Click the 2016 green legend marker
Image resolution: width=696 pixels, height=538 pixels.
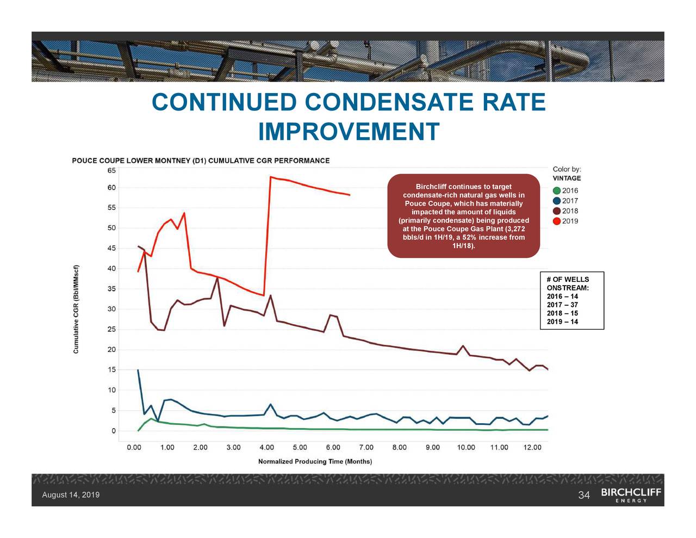pyautogui.click(x=557, y=190)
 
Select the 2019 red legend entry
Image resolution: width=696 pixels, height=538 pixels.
pyautogui.click(x=565, y=221)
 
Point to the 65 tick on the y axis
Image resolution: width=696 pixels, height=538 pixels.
pyautogui.click(x=111, y=170)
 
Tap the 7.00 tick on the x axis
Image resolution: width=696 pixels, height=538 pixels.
pyautogui.click(x=366, y=448)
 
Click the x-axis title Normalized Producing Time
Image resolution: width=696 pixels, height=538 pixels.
pyautogui.click(x=315, y=461)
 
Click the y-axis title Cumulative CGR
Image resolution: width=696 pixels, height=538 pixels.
pyautogui.click(x=77, y=309)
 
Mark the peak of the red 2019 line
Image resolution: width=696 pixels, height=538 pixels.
pyautogui.click(x=270, y=177)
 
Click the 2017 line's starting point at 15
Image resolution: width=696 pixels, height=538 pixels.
pyautogui.click(x=138, y=370)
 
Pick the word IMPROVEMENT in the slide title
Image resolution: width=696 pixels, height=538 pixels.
pyautogui.click(x=349, y=132)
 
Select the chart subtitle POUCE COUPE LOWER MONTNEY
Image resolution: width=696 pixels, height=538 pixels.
pyautogui.click(x=201, y=160)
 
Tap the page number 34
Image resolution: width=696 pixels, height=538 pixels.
pyautogui.click(x=583, y=495)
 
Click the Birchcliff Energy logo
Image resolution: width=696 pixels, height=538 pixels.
pyautogui.click(x=631, y=494)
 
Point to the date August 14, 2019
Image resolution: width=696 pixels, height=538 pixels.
pyautogui.click(x=71, y=495)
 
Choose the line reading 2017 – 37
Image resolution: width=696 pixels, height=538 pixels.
pyautogui.click(x=562, y=305)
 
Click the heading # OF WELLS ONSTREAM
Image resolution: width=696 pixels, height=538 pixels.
pyautogui.click(x=568, y=283)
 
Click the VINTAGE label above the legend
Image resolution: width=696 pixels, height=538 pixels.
pyautogui.click(x=567, y=178)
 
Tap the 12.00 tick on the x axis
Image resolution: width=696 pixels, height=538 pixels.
pyautogui.click(x=532, y=448)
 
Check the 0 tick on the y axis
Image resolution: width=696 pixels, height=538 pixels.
pyautogui.click(x=113, y=431)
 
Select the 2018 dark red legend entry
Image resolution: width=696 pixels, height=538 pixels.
pyautogui.click(x=565, y=211)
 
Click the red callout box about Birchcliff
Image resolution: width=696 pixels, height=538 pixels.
pyautogui.click(x=463, y=216)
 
